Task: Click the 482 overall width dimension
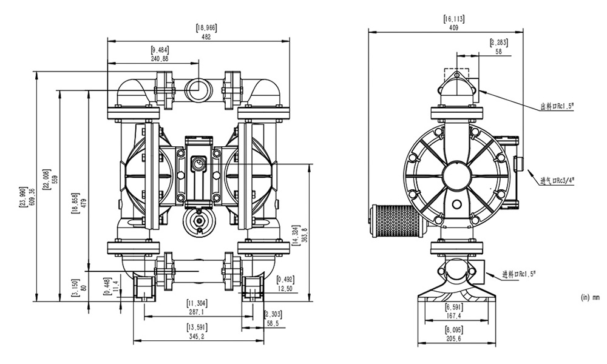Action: click(x=206, y=36)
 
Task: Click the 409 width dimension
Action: click(x=453, y=27)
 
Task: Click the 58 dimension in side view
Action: click(x=499, y=52)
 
